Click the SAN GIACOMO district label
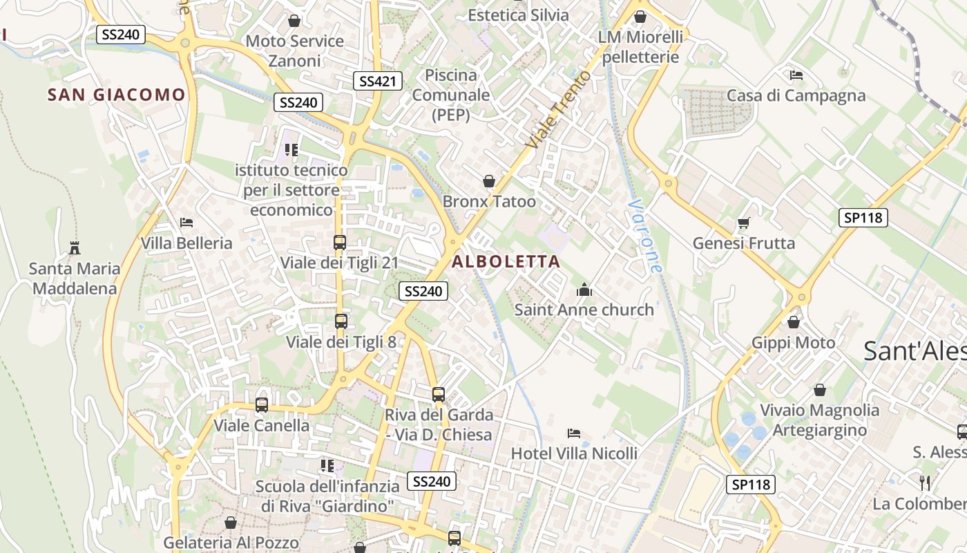point(117,95)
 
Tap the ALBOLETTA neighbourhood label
point(506,262)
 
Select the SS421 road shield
point(377,81)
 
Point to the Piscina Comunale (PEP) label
point(450,95)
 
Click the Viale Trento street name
point(559,109)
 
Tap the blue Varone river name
point(646,236)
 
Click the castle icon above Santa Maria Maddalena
point(75,247)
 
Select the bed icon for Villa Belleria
point(186,222)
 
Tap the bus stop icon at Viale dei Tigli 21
point(339,242)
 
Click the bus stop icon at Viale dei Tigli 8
point(341,321)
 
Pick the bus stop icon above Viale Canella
point(261,405)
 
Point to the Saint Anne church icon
point(584,290)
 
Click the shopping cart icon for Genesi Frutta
point(743,223)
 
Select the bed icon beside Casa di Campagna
point(796,75)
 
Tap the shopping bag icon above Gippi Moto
point(794,322)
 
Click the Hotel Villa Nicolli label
point(574,453)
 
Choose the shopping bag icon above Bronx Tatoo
point(489,181)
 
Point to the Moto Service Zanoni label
point(295,50)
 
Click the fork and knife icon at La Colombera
point(925,482)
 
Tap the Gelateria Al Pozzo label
point(231,543)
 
